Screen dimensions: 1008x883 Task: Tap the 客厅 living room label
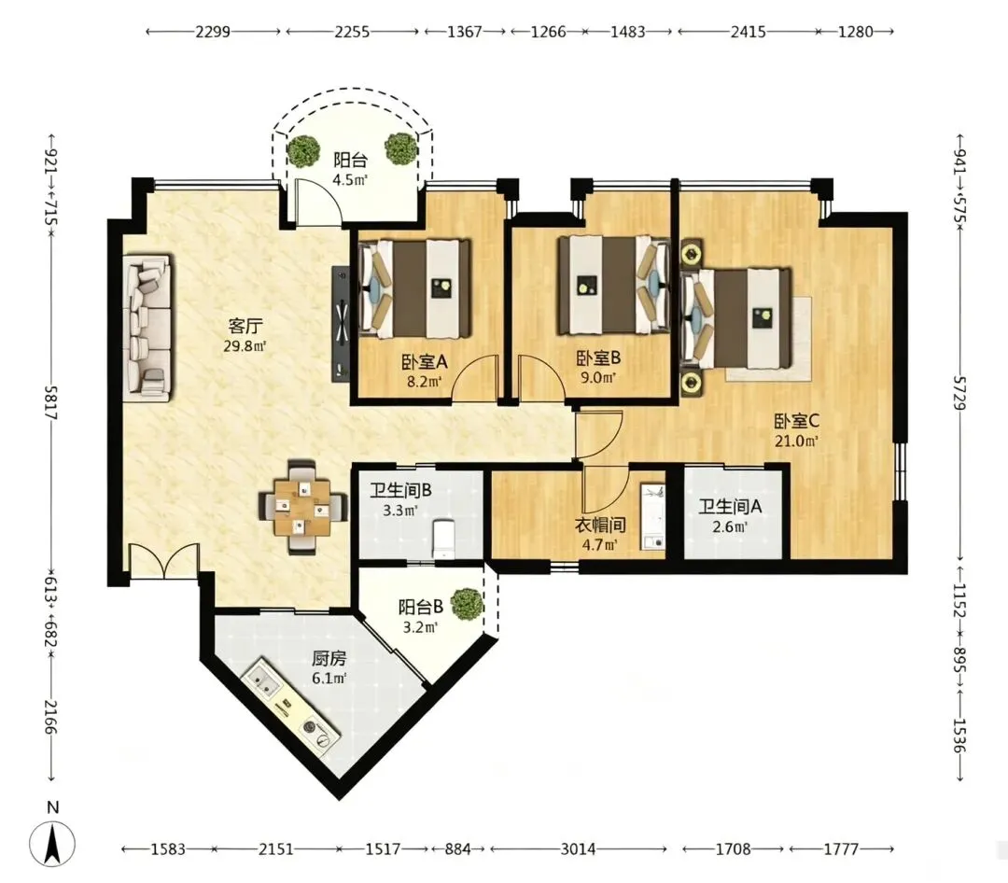click(245, 326)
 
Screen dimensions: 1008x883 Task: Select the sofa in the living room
click(148, 328)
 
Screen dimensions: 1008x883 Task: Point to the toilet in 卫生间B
click(443, 539)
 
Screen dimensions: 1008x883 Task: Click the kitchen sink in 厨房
click(262, 681)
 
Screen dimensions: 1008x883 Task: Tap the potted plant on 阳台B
click(467, 604)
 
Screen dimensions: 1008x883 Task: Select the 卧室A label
click(425, 362)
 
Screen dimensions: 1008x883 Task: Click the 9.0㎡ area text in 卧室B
click(598, 377)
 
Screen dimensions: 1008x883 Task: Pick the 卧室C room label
click(796, 421)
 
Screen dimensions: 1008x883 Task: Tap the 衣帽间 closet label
click(600, 526)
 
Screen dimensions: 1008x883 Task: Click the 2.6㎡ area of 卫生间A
click(730, 527)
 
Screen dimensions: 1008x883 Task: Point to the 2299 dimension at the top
click(213, 32)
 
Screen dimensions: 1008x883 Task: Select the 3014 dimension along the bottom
click(578, 849)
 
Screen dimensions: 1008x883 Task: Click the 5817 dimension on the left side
click(50, 402)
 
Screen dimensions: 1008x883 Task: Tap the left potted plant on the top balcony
click(303, 150)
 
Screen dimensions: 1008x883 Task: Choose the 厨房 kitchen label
click(329, 659)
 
